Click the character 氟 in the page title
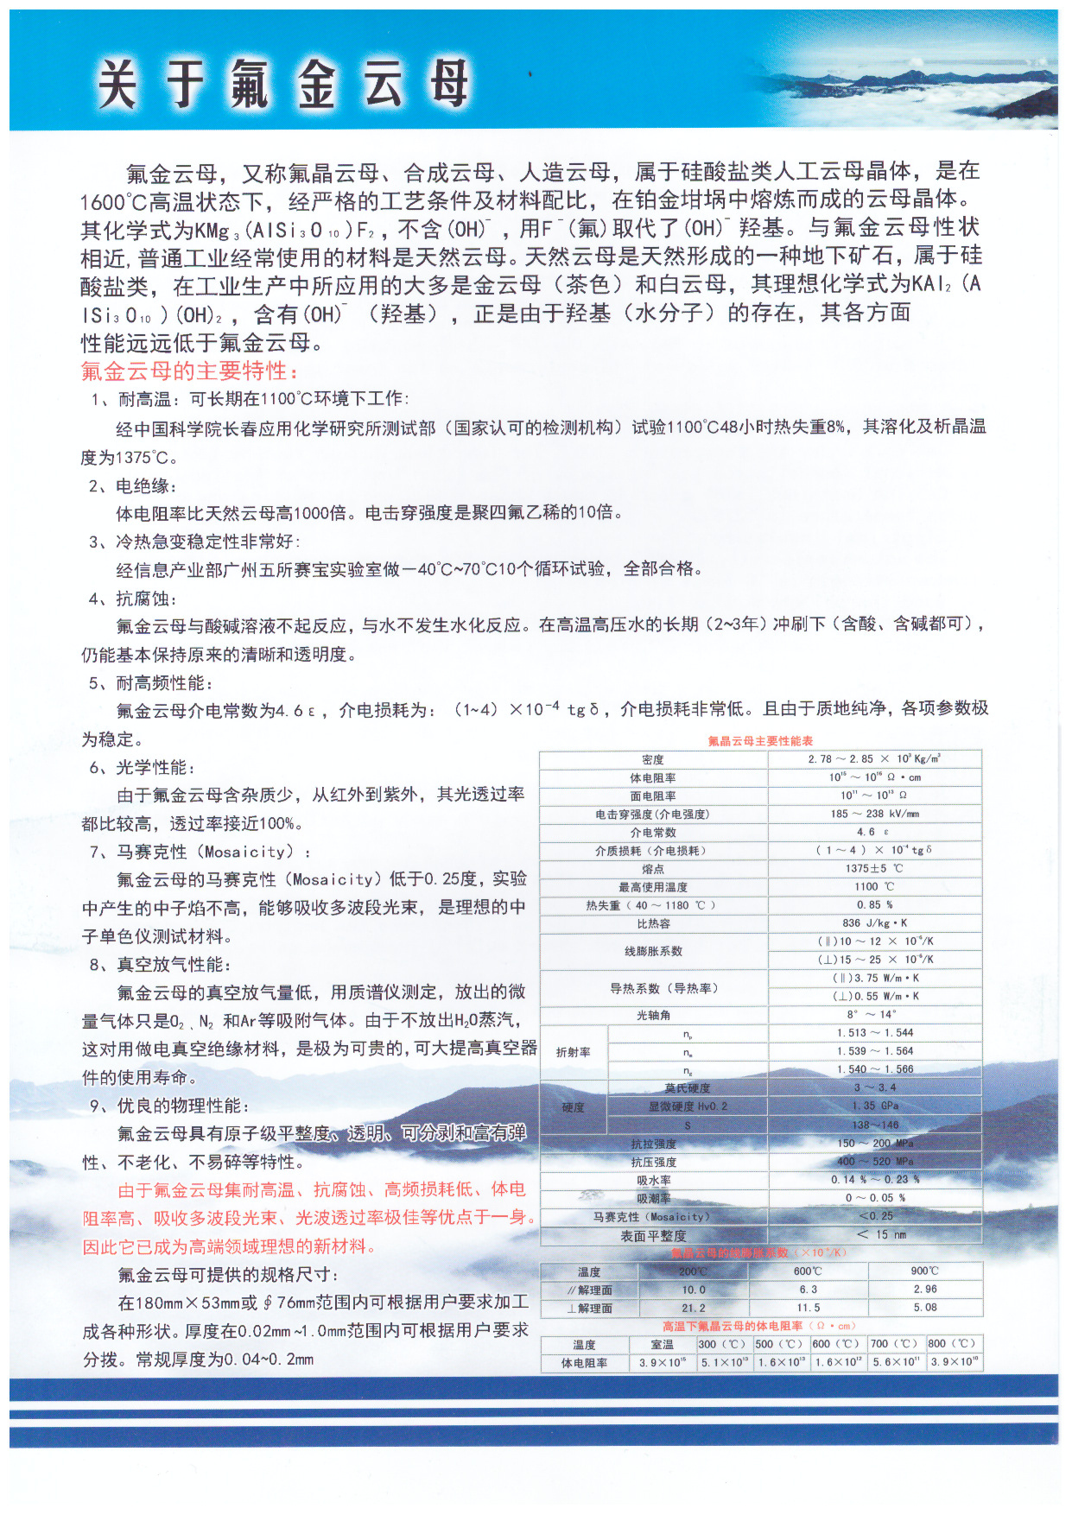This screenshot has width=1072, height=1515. pos(250,85)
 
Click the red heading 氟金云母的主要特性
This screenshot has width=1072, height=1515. pos(190,371)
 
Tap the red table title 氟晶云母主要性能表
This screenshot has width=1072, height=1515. pos(760,741)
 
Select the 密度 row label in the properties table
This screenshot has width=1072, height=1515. pos(653,759)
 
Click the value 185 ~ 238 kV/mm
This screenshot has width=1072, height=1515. pos(874,814)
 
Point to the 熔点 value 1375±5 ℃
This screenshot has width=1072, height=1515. pos(874,868)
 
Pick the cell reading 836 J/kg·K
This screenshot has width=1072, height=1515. pos(874,922)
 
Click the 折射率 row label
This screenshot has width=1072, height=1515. pos(574,1052)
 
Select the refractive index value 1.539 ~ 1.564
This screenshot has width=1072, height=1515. pos(874,1051)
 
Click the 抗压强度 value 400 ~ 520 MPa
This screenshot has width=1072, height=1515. pos(874,1161)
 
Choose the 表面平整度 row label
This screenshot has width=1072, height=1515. pos(653,1236)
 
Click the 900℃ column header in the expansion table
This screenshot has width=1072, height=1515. pos(924,1271)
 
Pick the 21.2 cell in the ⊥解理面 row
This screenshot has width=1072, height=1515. pos(693,1308)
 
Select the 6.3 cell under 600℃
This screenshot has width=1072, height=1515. pos(808,1289)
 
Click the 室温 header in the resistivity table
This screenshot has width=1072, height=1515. pos(663,1344)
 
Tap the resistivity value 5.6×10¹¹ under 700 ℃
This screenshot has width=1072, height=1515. pos(896,1362)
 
